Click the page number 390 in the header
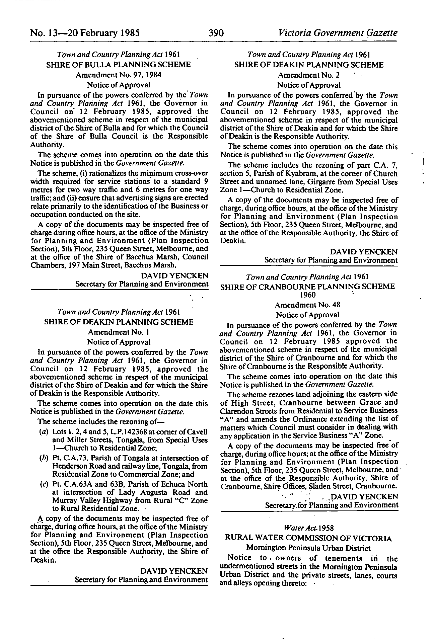tap(216, 33)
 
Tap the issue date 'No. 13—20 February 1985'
tap(85, 33)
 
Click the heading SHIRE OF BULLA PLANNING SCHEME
tap(119, 65)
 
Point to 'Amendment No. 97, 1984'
tap(119, 75)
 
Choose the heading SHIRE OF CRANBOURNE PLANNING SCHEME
tap(307, 287)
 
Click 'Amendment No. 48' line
tap(307, 305)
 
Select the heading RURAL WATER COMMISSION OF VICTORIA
tap(308, 538)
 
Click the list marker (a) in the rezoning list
tap(43, 432)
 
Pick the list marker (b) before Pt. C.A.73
tap(43, 458)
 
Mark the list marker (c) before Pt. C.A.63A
tap(43, 484)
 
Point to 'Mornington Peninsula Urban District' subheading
tap(308, 548)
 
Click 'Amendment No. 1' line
tap(119, 332)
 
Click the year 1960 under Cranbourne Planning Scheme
tap(307, 295)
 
